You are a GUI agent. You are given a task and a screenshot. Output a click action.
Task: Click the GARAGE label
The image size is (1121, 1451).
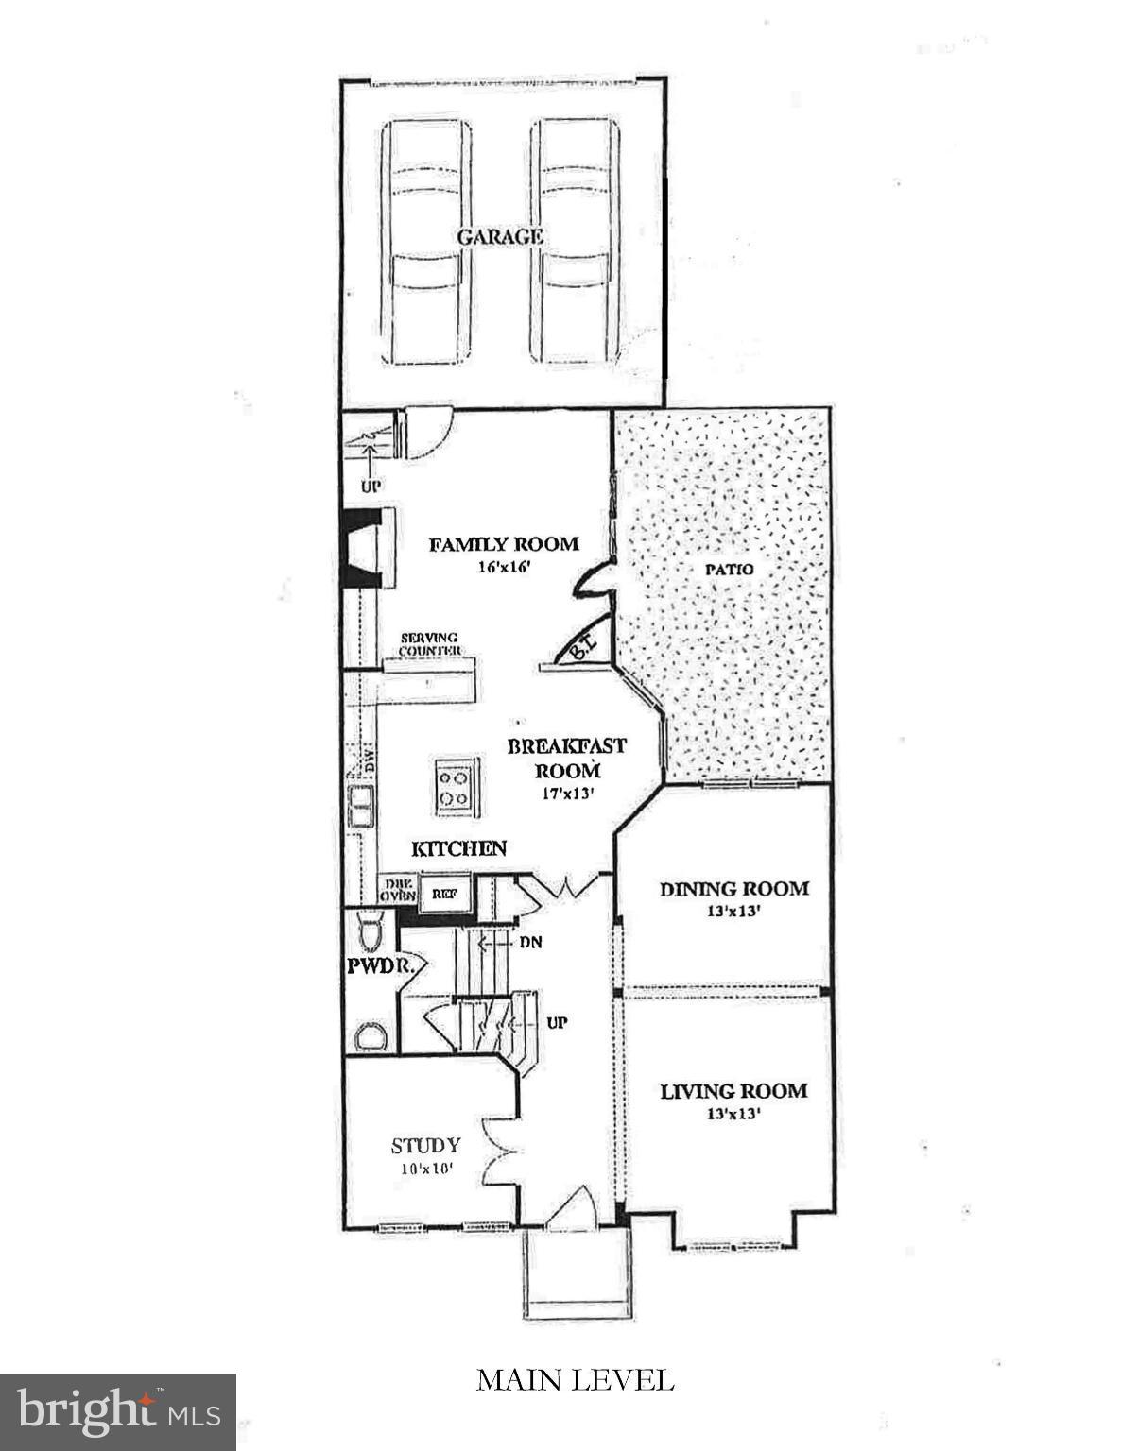pos(500,236)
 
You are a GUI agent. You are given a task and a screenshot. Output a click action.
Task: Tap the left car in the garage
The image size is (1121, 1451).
pos(426,242)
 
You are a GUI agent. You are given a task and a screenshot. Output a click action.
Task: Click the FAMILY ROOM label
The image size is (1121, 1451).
pos(503,544)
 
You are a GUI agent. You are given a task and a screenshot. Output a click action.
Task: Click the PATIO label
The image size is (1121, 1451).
pos(729,570)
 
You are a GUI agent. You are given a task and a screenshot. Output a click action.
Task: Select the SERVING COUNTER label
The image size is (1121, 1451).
pos(429,644)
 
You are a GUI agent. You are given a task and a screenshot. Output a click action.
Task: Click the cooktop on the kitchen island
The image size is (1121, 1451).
pos(453,786)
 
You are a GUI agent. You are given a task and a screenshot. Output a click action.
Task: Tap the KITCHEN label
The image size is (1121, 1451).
pos(459,847)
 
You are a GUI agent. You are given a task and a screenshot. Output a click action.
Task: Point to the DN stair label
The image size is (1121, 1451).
pos(529,942)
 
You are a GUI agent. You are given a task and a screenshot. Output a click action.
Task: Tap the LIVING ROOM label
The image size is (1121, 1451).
pos(733,1091)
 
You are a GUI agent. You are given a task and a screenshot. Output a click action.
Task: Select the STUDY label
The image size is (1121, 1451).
pos(425,1145)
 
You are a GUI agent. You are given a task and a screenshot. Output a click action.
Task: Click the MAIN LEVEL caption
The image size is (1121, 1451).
pos(575,1380)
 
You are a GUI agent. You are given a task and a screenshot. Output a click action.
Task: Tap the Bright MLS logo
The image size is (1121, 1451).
pos(117,1412)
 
